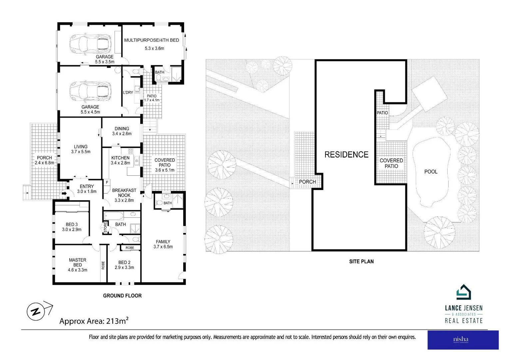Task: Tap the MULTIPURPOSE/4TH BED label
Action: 152,40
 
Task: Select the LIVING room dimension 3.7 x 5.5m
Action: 81,152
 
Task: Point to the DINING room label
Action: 122,129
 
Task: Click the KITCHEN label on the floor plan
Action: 120,158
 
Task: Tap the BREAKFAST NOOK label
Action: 124,193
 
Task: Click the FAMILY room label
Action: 163,242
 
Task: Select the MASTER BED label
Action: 77,262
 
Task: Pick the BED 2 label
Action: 124,262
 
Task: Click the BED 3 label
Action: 72,224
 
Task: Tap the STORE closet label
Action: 106,228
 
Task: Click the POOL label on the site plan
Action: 431,172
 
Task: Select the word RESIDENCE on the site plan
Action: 346,155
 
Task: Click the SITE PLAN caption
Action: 361,261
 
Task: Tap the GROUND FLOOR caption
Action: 122,296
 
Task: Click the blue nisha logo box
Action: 463,340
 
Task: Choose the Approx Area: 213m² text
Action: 94,321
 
